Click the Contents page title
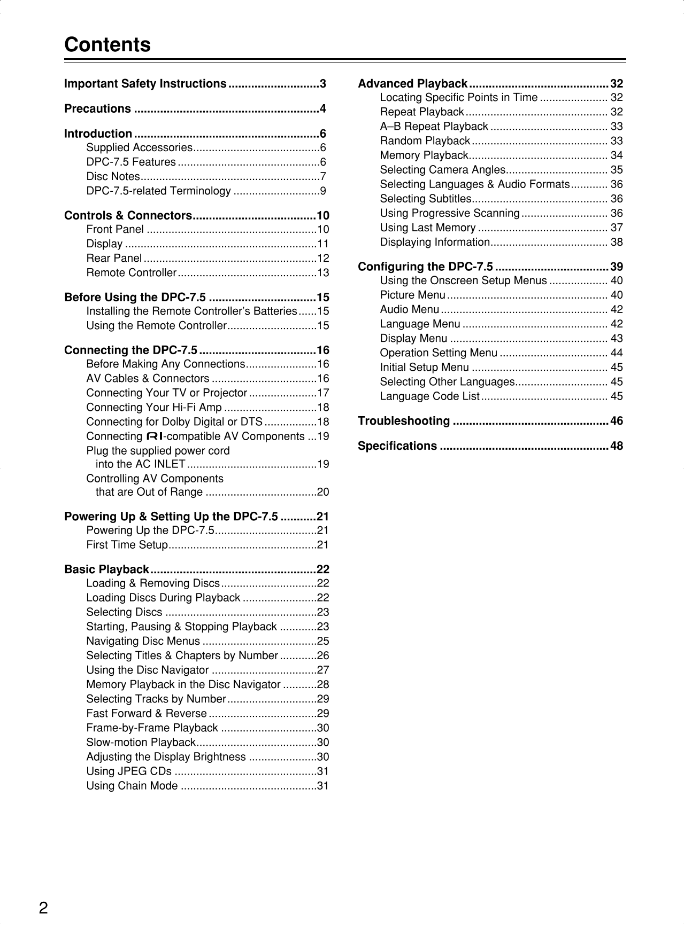107,44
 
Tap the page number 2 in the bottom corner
43,908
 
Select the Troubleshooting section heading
404,421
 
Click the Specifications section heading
397,446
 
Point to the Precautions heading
97,108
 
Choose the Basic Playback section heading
106,569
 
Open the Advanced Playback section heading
413,84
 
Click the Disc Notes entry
113,176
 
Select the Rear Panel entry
114,258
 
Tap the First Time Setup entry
127,545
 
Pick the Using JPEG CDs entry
129,771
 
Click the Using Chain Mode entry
132,785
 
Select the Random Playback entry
425,140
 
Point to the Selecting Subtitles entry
426,199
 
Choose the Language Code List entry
430,396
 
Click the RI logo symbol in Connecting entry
155,436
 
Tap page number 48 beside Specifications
617,446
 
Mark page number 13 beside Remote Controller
323,272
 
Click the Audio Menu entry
410,309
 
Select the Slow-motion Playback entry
141,742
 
